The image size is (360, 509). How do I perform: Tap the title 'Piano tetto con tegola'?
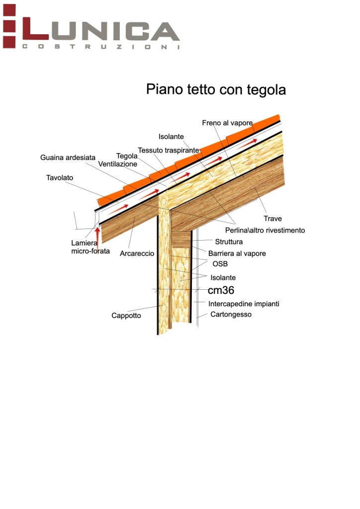pos(216,89)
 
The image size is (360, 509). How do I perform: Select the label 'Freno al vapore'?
pos(227,123)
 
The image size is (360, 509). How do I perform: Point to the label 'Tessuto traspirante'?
pos(169,150)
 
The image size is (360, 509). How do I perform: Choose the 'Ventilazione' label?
pos(117,164)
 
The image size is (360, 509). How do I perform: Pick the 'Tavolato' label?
pos(60,177)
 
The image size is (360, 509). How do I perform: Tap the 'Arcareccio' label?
pos(137,254)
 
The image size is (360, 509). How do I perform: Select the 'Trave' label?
pos(272,219)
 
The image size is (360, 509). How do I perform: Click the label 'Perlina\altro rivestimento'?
pos(265,230)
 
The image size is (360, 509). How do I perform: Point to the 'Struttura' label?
pos(229,242)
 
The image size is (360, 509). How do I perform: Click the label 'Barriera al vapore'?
pos(237,254)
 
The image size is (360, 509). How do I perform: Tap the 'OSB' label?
pos(220,264)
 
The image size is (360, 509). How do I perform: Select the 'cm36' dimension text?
pos(221,290)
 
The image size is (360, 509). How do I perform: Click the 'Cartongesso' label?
pos(231,315)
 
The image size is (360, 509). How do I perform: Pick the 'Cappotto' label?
pos(126,316)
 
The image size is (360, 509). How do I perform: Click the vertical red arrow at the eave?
pos(97,237)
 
